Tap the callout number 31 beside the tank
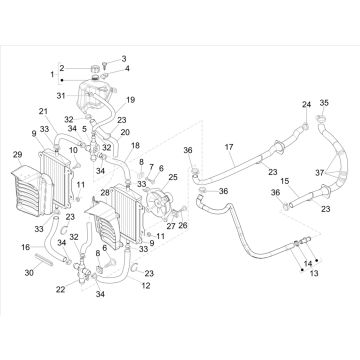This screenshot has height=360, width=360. pyautogui.click(x=61, y=96)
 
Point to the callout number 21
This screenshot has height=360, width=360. pyautogui.click(x=43, y=110)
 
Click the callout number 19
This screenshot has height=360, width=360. pyautogui.click(x=130, y=100)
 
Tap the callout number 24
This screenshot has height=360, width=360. pyautogui.click(x=278, y=103)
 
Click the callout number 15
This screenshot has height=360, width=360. pyautogui.click(x=283, y=181)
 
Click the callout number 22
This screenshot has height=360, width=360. pyautogui.click(x=63, y=289)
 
